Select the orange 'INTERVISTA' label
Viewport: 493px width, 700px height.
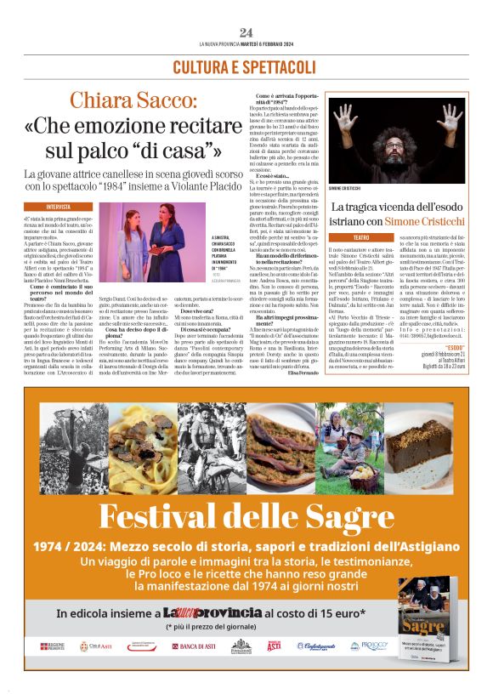(59, 207)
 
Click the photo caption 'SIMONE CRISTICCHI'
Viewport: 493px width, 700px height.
(348, 187)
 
